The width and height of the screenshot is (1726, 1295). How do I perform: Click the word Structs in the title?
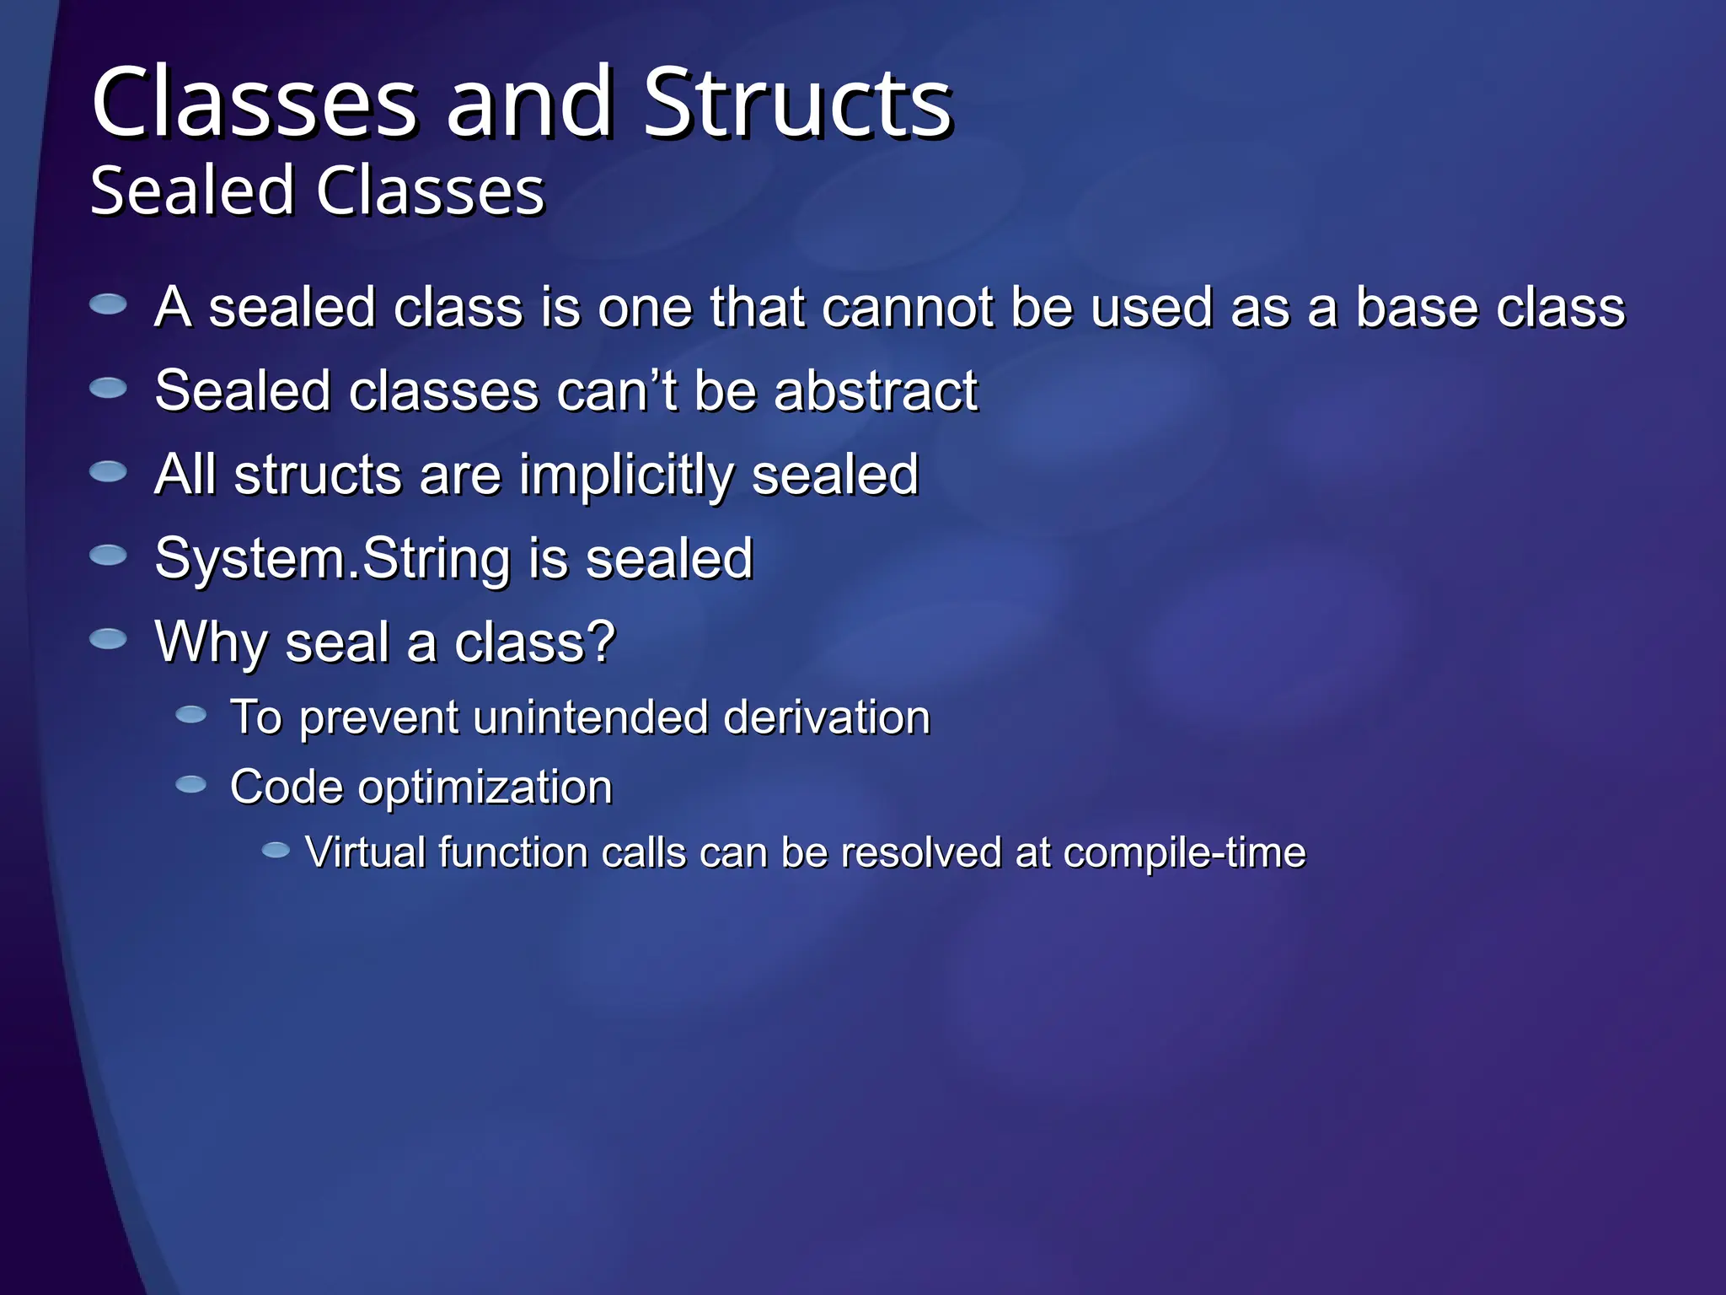pyautogui.click(x=797, y=103)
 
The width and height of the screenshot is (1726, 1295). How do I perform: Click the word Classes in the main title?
pyautogui.click(x=255, y=103)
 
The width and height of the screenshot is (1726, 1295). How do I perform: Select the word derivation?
pyautogui.click(x=826, y=717)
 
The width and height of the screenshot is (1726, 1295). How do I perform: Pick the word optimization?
pyautogui.click(x=485, y=787)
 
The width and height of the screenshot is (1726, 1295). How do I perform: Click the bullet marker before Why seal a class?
pyautogui.click(x=108, y=639)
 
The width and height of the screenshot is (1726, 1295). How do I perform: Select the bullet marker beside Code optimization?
pyautogui.click(x=190, y=785)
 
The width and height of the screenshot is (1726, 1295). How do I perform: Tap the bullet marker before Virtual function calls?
pyautogui.click(x=276, y=851)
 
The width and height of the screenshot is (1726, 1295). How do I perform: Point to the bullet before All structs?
pyautogui.click(x=108, y=471)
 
